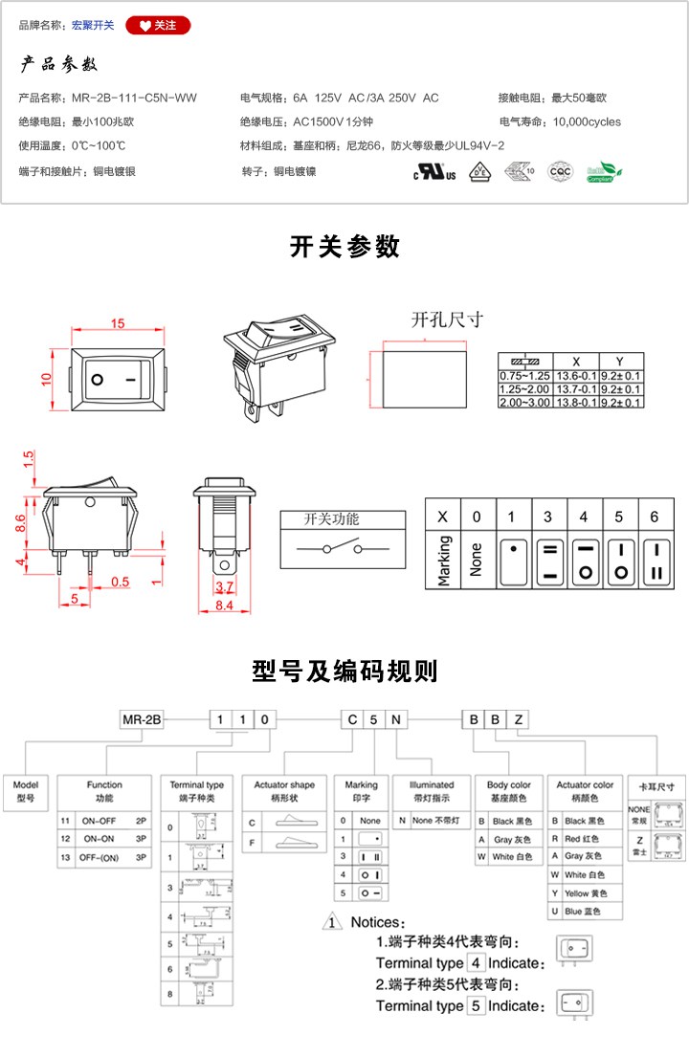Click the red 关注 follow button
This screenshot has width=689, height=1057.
tap(158, 26)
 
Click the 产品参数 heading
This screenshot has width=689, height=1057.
tap(59, 66)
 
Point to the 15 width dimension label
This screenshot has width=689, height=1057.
tap(118, 324)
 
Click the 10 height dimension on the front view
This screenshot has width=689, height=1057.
tap(45, 380)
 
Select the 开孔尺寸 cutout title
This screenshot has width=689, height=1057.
tap(447, 319)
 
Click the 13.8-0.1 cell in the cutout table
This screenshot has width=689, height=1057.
tap(576, 403)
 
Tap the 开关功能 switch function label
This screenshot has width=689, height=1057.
tap(331, 519)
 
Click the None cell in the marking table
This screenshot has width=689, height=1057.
tap(476, 554)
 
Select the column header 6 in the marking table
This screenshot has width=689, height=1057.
tap(655, 517)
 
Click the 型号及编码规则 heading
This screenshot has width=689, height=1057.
tap(344, 672)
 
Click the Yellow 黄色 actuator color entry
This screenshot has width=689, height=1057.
tap(589, 893)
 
